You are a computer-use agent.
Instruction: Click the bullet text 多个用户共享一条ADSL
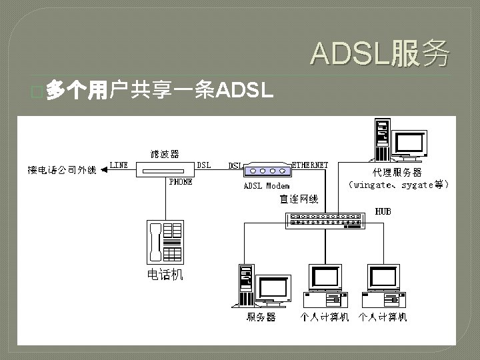(160, 91)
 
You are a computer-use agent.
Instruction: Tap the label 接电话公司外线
(62, 169)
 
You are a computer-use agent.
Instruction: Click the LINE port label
(119, 165)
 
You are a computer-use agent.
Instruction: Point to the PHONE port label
(181, 181)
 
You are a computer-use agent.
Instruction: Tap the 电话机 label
(165, 275)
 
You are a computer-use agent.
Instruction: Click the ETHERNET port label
(311, 165)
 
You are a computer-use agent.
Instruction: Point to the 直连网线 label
(299, 199)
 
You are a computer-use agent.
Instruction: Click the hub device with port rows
(325, 221)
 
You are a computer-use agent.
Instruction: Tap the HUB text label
(383, 211)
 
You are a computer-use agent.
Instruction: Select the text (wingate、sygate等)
(399, 184)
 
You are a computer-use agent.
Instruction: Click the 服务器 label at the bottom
(261, 318)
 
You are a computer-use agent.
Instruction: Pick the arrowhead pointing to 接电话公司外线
(104, 169)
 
